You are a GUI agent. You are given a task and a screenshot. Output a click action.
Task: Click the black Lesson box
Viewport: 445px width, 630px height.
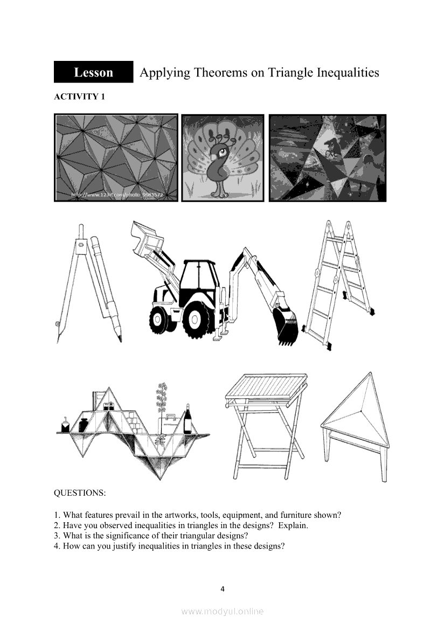click(x=93, y=72)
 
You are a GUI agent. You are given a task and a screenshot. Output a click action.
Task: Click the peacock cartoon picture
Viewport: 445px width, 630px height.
click(x=222, y=158)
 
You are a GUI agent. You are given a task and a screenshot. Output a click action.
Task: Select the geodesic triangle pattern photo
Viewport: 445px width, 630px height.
click(x=116, y=157)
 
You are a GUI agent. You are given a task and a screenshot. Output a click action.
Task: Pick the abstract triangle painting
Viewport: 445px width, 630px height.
click(x=328, y=158)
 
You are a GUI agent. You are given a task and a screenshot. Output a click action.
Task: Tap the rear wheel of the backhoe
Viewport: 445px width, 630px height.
click(x=196, y=318)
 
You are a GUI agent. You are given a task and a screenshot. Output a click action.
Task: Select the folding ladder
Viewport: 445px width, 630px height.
click(x=339, y=282)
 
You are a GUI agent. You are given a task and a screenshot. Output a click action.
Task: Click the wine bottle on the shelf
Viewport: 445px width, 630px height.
click(x=187, y=420)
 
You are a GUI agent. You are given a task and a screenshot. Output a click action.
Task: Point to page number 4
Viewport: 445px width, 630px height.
click(x=222, y=589)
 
